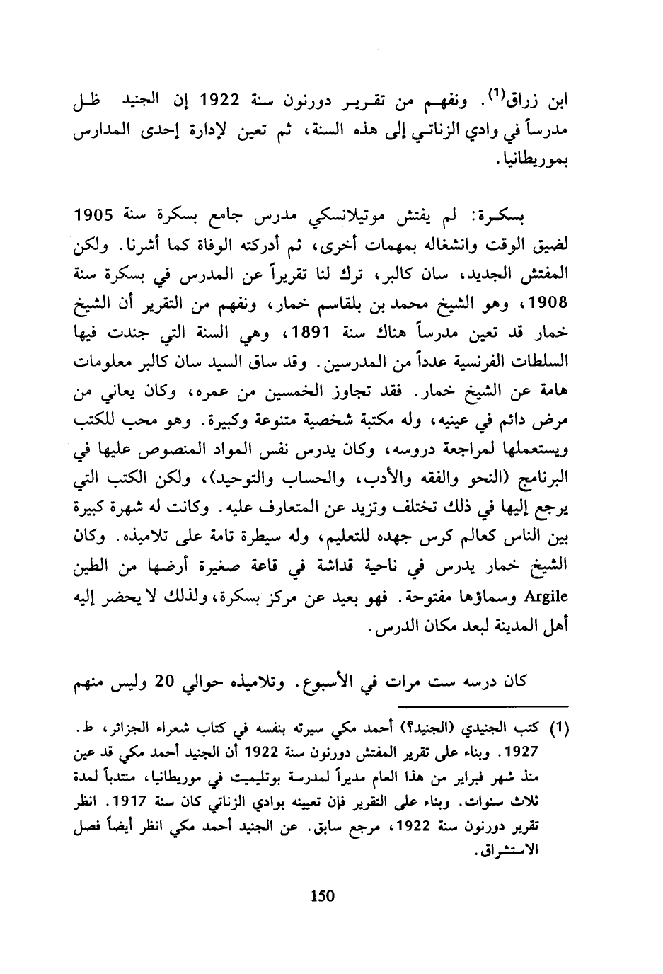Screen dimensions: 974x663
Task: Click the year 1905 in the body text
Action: click(x=94, y=214)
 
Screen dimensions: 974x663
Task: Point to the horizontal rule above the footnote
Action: click(x=488, y=705)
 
